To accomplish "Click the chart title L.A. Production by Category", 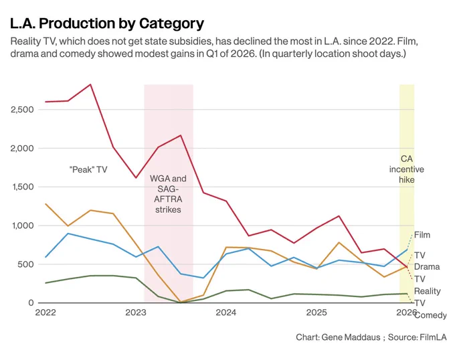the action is coord(107,24).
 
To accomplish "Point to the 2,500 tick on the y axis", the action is coord(22,110).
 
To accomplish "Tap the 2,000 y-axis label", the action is coord(22,149).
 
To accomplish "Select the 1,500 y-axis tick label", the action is coord(23,187).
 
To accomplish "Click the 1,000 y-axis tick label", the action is coord(23,226).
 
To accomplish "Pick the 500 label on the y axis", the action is coord(25,264).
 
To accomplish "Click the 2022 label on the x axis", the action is coord(45,312).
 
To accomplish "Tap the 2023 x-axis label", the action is coord(136,312).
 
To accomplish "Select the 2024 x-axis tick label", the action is coord(226,312).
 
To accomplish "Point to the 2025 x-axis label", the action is coord(316,312).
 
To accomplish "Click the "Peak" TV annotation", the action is coord(88,169).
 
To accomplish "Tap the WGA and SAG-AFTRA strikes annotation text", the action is coord(168,194).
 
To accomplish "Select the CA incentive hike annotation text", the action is coord(407,169).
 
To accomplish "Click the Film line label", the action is coord(422,235).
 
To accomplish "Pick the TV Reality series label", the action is coord(428,285).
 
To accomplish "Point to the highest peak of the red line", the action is coord(90,84).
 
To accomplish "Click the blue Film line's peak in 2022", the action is coord(68,234).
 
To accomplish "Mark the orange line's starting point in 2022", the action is coord(46,204).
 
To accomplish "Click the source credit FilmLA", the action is coord(433,337).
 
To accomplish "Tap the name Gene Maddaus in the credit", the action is coord(351,337).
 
